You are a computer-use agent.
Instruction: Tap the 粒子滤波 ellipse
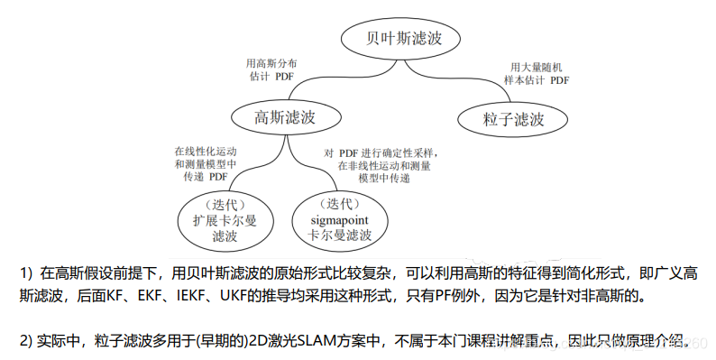[513, 119]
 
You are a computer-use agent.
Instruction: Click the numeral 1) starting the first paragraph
[25, 272]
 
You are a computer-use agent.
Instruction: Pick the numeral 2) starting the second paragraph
[25, 342]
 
